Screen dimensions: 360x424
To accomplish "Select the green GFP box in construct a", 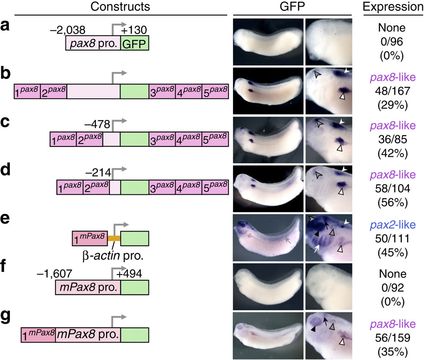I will [134, 43].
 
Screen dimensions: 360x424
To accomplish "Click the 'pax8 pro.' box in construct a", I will [93, 43].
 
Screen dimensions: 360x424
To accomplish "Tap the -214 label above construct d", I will [99, 171].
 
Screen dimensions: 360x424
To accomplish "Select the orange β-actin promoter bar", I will [114, 238].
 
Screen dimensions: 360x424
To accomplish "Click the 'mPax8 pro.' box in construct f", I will [88, 287].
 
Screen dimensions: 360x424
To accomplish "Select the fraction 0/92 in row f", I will [394, 287].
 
